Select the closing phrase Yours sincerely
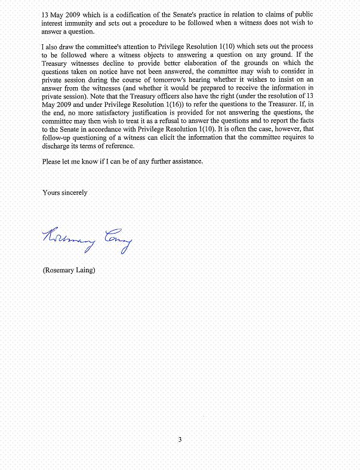[65, 192]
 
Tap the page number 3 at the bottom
[180, 440]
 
